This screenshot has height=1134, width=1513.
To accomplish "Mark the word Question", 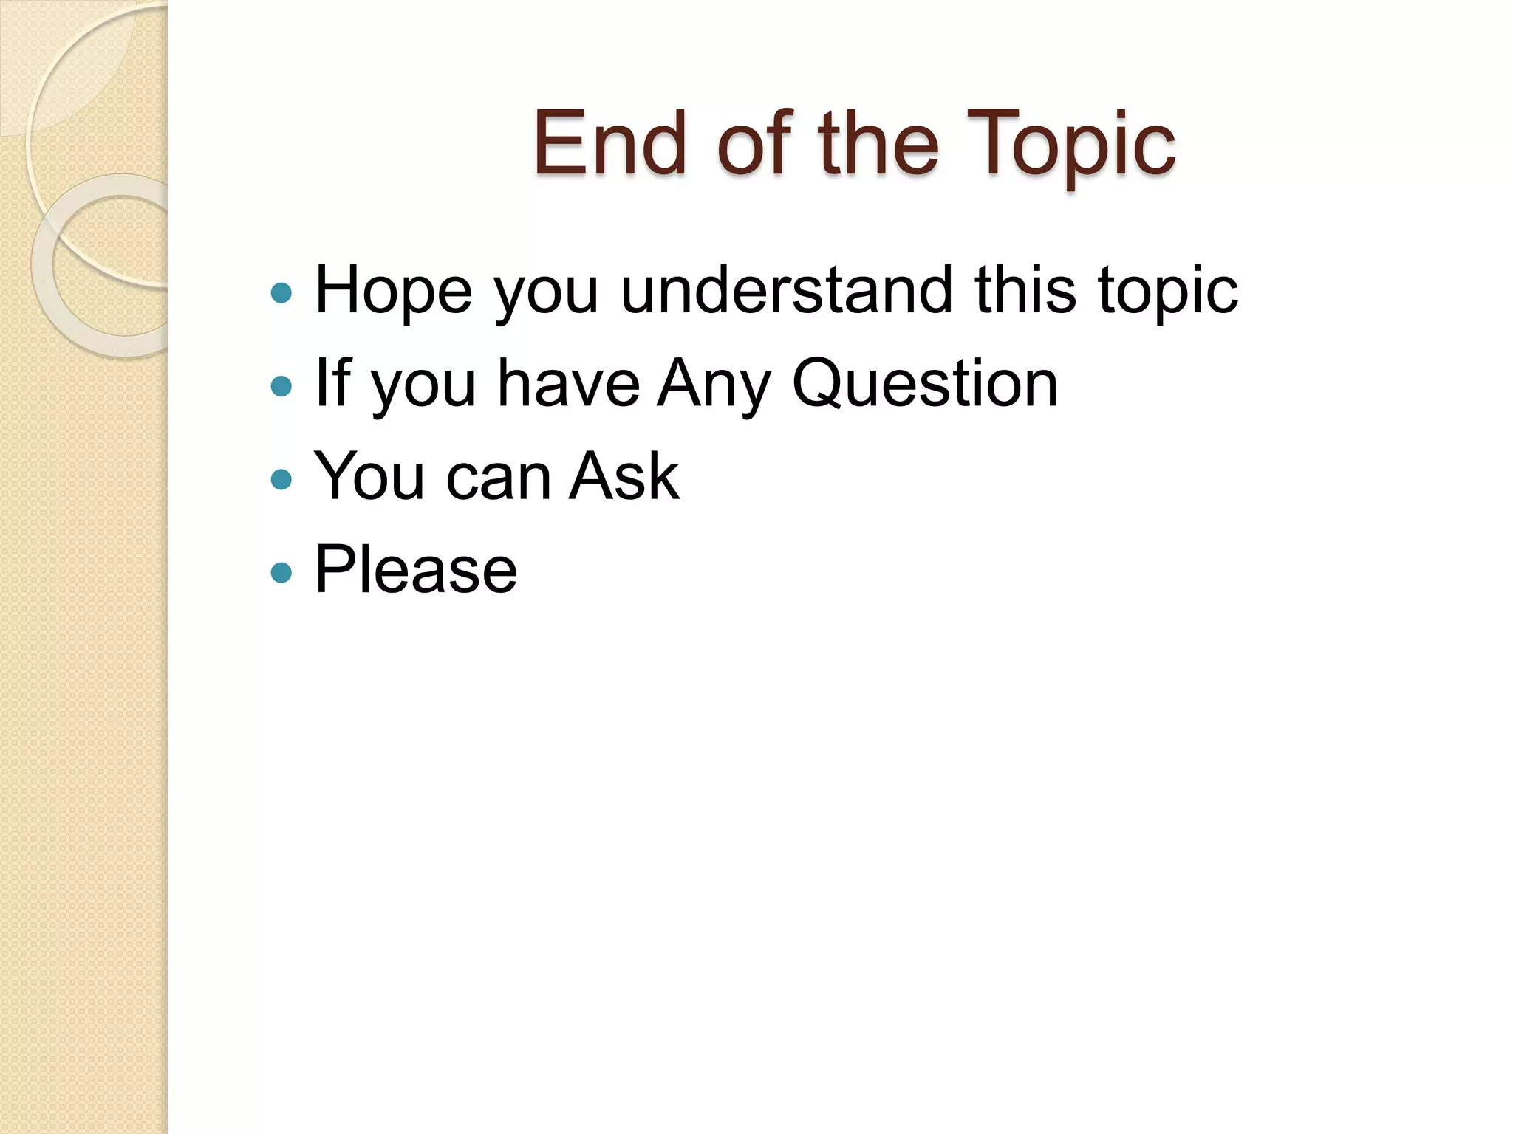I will [x=925, y=384].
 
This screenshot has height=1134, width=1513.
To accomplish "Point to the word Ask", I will [x=624, y=477].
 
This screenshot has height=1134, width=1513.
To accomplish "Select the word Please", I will [x=416, y=570].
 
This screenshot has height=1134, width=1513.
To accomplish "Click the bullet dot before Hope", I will [x=281, y=294].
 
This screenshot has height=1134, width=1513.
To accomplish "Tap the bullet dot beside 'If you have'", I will [x=281, y=386].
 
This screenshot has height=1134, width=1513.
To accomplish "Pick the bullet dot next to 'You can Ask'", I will [x=281, y=480].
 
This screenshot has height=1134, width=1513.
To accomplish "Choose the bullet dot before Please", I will [x=281, y=572].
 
